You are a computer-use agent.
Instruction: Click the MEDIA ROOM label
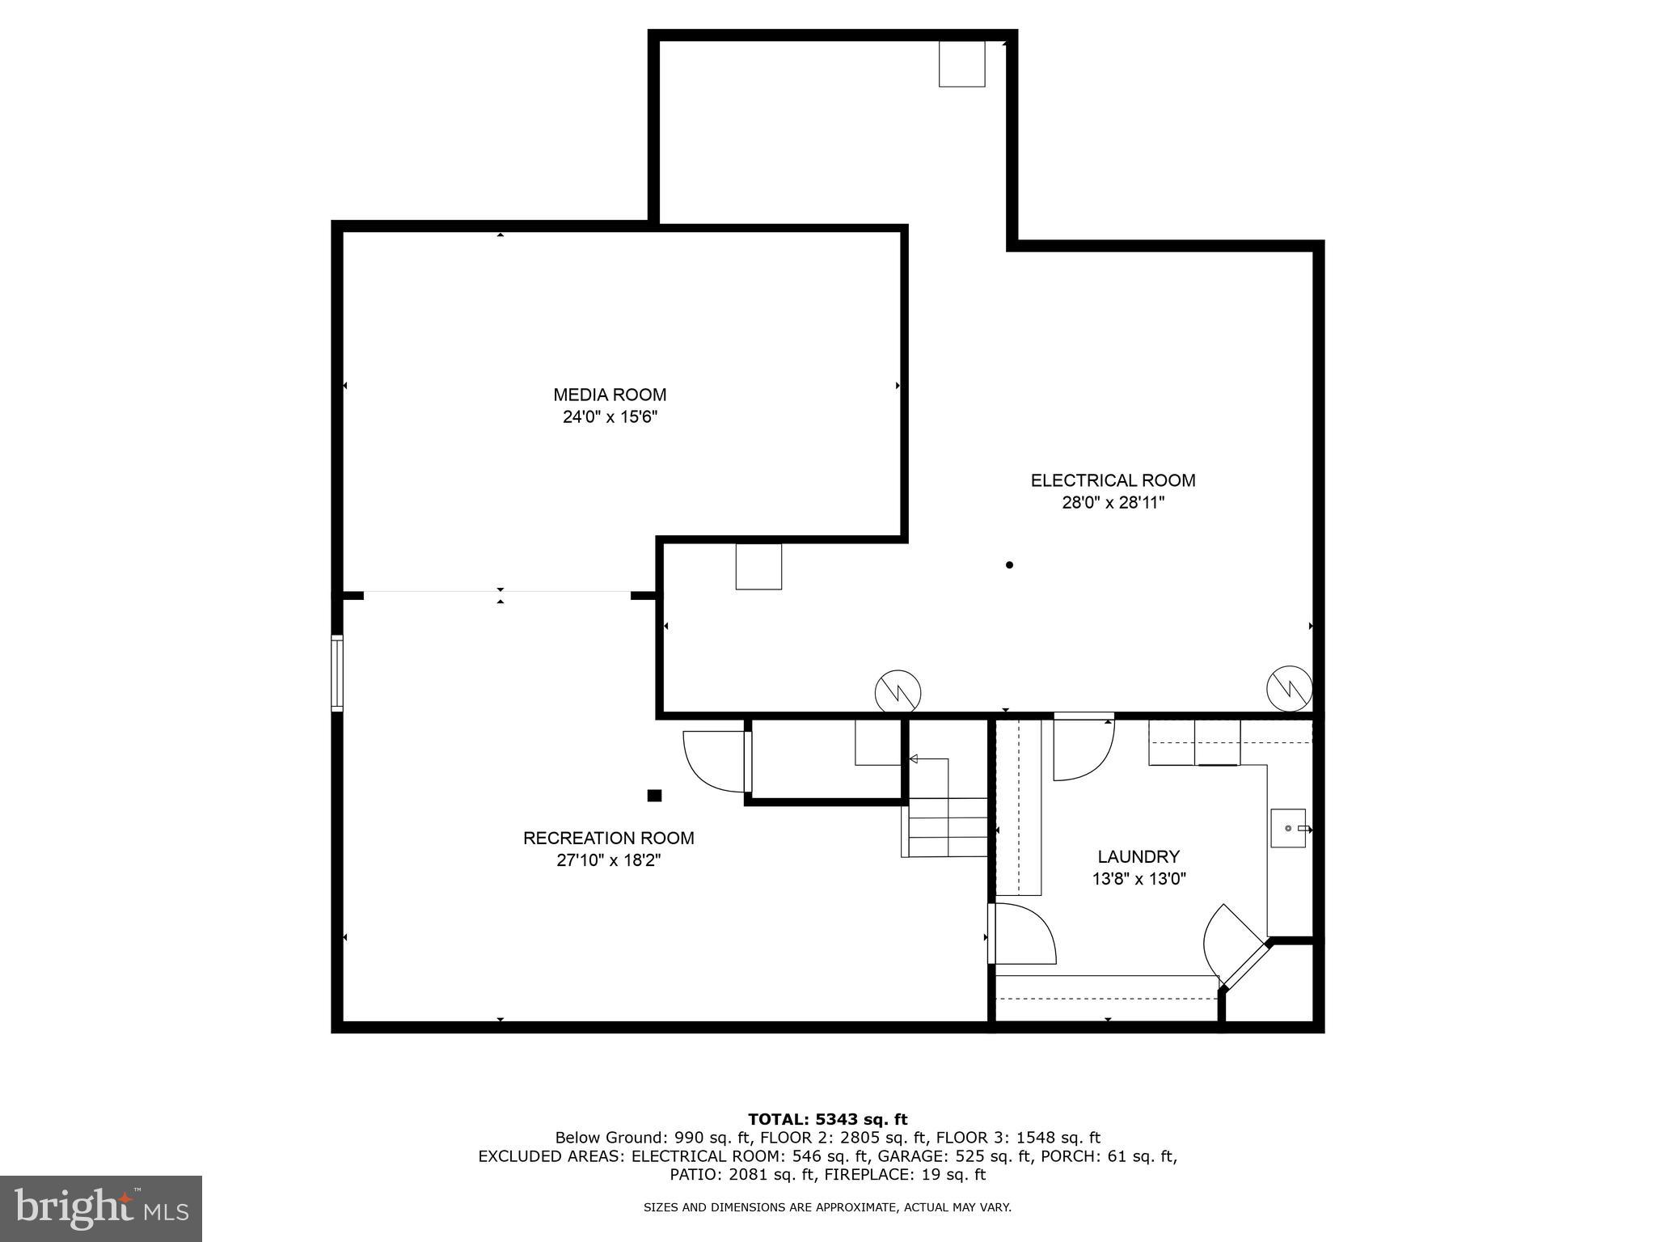point(610,395)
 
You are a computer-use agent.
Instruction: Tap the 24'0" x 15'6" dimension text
point(610,417)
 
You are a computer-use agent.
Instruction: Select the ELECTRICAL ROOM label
point(1113,480)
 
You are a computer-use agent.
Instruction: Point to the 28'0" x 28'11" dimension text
point(1113,503)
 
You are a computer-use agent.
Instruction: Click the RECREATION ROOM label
point(608,838)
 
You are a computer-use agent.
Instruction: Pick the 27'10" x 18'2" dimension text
point(608,860)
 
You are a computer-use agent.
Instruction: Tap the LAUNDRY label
point(1138,856)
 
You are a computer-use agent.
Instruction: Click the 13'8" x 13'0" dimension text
point(1138,879)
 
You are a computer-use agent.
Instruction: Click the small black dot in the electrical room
point(1009,565)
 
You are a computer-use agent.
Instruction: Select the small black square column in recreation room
point(654,796)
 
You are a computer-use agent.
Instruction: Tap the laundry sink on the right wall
point(1289,828)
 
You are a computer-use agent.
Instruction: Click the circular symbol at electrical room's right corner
point(1289,689)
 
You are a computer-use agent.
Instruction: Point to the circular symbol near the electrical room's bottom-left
point(898,692)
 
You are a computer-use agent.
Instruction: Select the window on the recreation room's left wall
point(337,673)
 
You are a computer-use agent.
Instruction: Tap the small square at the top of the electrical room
point(961,63)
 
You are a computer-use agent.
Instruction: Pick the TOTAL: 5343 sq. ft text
point(827,1119)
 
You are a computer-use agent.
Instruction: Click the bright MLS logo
point(100,1208)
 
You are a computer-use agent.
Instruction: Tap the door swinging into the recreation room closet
point(716,762)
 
